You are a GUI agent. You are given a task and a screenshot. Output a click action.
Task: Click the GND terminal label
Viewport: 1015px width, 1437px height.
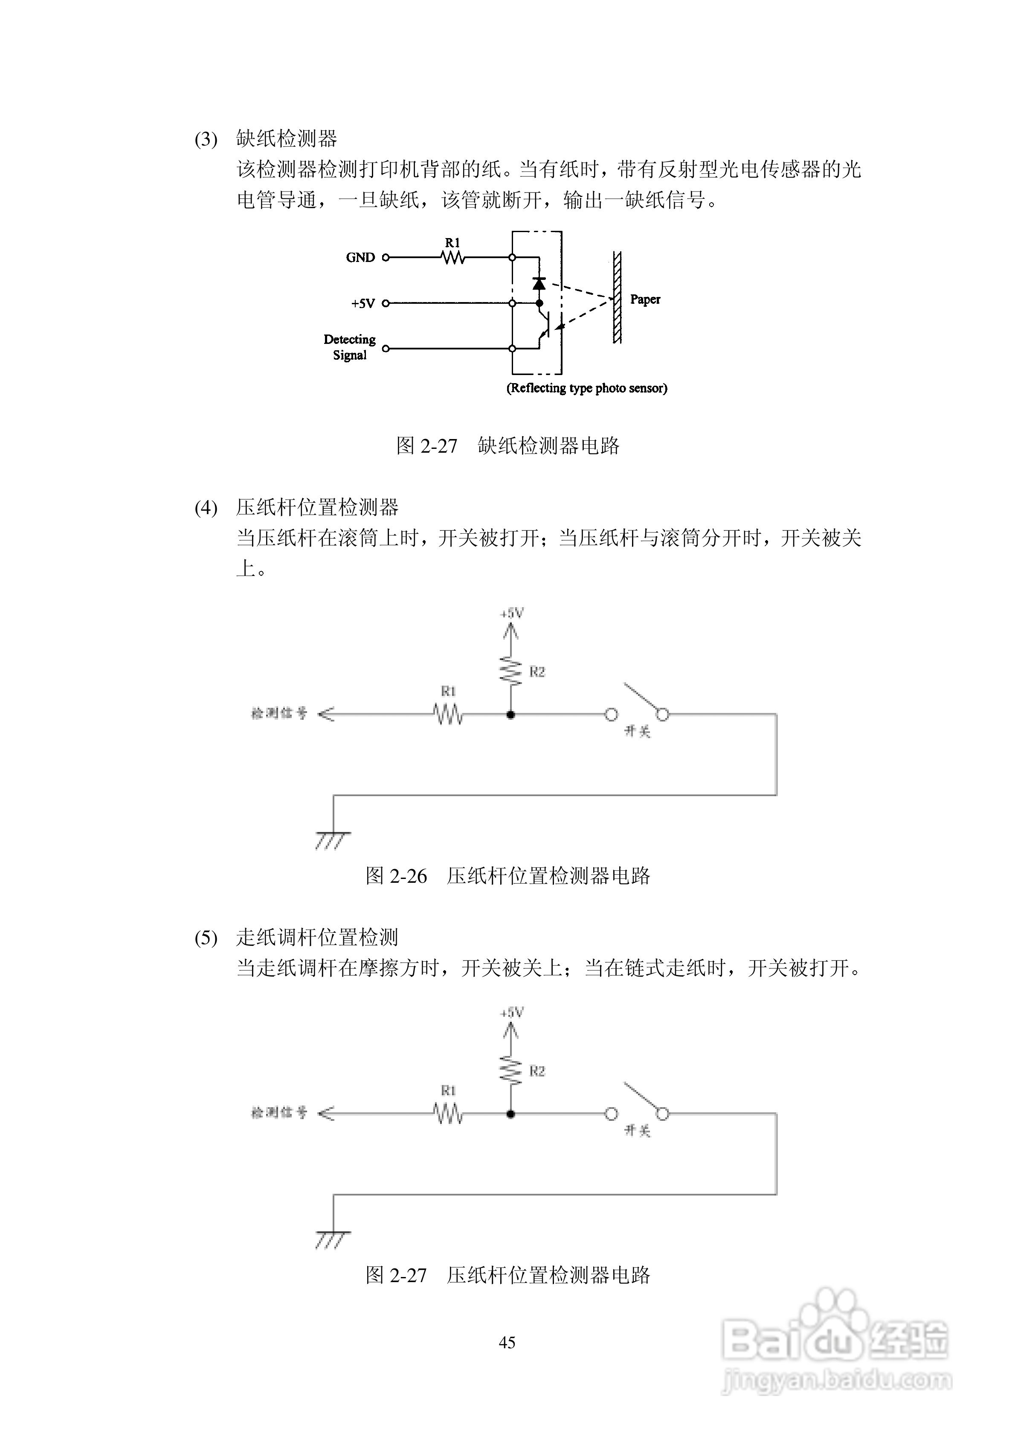(360, 257)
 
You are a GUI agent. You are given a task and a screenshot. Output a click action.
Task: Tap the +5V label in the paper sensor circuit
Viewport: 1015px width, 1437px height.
(362, 303)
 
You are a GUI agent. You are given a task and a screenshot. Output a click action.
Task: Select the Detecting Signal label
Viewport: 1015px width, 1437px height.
(349, 347)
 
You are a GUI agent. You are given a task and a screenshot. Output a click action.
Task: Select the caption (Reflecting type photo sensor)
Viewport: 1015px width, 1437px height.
(586, 388)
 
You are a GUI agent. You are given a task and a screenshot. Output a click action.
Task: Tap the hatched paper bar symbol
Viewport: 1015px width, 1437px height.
(617, 298)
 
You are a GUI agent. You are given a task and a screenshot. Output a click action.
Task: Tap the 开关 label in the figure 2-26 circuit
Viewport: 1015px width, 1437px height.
(637, 730)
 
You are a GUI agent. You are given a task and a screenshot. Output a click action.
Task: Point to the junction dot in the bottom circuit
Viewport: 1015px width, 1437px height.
(510, 1114)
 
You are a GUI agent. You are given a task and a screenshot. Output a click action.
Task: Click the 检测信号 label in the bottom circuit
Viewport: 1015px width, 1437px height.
(279, 1113)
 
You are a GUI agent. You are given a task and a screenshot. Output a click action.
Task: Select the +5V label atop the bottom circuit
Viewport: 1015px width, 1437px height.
(512, 1012)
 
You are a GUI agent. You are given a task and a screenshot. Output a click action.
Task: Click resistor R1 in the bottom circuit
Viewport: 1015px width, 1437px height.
(448, 1114)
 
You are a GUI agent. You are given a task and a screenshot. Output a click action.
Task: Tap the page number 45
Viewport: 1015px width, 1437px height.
(507, 1342)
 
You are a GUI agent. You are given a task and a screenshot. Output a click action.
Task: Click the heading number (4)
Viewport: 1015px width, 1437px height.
(206, 508)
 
